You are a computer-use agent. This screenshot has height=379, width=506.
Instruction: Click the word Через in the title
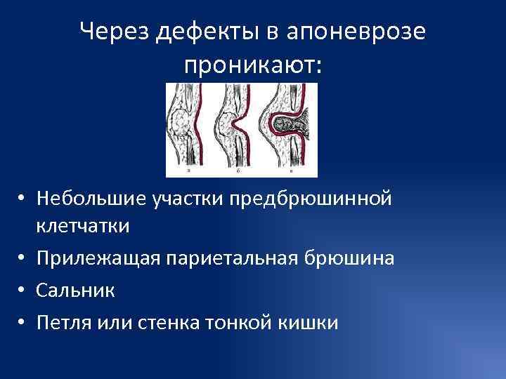(115, 32)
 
